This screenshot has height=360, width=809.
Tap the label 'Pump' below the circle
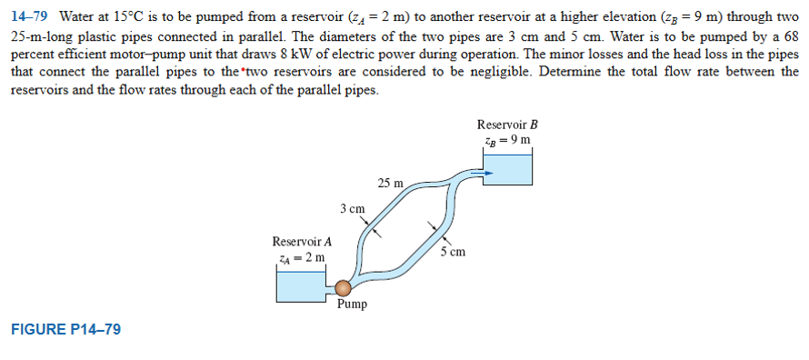click(352, 305)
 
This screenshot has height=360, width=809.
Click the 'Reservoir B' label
click(507, 125)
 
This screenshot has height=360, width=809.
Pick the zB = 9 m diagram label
click(507, 140)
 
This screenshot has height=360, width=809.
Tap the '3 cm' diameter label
click(353, 209)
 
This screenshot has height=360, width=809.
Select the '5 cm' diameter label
click(453, 252)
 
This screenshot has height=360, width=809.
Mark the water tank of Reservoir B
click(506, 169)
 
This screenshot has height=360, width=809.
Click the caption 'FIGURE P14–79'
click(65, 329)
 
